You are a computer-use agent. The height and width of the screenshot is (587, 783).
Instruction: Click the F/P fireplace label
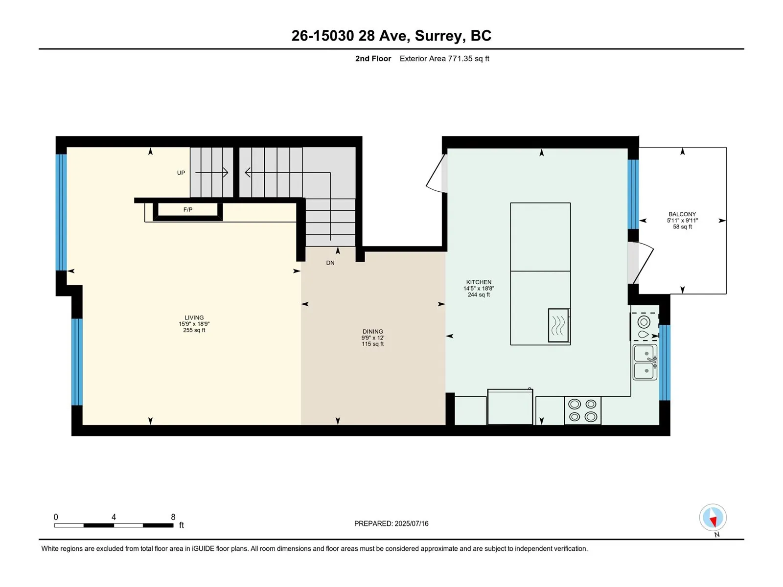point(187,209)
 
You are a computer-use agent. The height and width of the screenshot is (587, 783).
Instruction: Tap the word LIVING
point(194,317)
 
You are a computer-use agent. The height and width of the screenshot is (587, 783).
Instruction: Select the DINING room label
point(372,332)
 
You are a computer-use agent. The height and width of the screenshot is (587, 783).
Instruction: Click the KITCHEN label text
point(479,282)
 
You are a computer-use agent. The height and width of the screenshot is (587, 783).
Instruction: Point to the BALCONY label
point(682,214)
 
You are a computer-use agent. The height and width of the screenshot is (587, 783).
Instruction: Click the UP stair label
point(181,173)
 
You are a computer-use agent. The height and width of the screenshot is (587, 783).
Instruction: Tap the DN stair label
point(330,263)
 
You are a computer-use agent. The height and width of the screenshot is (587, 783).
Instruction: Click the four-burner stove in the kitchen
point(582,410)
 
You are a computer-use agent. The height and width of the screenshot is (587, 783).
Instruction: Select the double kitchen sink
point(645,362)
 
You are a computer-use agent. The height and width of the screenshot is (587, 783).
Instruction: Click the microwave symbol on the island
point(559,325)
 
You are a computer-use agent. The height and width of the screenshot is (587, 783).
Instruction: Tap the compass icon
point(713,518)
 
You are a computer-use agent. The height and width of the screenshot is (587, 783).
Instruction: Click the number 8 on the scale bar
point(173,517)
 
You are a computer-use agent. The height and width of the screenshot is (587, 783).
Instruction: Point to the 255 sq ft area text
point(194,330)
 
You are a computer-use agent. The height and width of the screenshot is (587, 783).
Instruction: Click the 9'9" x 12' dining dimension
point(372,338)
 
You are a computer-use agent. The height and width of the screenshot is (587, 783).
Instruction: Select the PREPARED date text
point(391,523)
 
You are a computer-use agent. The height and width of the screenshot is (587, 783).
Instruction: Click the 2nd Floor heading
point(373,58)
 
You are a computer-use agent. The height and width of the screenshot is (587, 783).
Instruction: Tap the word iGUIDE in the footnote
point(203,548)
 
